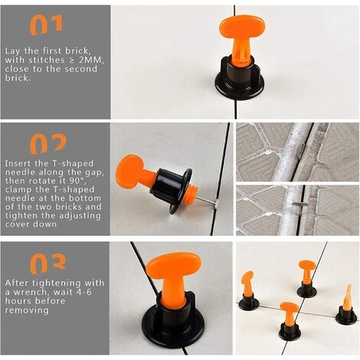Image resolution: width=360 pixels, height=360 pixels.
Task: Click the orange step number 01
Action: tap(46, 25)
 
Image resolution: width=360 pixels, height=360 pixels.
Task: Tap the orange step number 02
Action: tap(48, 144)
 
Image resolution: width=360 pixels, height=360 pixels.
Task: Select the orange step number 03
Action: tap(48, 263)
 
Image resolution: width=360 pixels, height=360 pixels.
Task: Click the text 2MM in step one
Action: tap(90, 60)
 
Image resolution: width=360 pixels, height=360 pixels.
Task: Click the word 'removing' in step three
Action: tap(27, 310)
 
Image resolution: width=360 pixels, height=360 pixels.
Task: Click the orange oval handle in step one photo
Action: tap(242, 27)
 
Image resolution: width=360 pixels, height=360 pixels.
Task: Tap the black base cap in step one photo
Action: tap(239, 80)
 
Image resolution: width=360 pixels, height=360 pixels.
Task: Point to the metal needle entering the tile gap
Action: tap(206, 201)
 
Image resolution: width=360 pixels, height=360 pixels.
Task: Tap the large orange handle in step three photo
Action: tap(174, 267)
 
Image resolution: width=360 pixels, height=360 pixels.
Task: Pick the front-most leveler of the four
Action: tap(290, 321)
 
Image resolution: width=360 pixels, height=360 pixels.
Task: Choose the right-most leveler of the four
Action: tap(346, 305)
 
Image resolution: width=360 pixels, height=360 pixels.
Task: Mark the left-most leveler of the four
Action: tap(248, 290)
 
